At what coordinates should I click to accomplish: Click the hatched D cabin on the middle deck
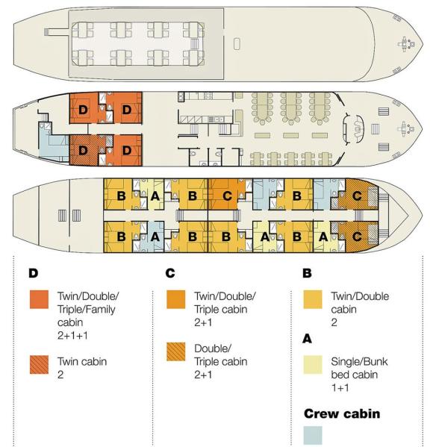(x=84, y=150)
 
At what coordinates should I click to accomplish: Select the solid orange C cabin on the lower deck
(x=227, y=196)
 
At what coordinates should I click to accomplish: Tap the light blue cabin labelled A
(x=152, y=237)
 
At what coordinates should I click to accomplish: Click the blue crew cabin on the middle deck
(x=53, y=142)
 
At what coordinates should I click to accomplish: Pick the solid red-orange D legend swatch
(x=39, y=299)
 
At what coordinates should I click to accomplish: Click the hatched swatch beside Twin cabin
(x=39, y=365)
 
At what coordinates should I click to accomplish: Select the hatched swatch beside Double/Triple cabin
(x=176, y=351)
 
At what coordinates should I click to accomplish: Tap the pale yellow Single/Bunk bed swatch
(x=313, y=365)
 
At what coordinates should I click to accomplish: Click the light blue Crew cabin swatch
(x=313, y=435)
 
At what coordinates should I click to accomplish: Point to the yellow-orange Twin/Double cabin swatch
(x=313, y=299)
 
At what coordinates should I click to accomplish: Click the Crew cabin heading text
(x=342, y=413)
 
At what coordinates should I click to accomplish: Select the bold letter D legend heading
(x=34, y=273)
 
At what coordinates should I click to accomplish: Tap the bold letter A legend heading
(x=307, y=339)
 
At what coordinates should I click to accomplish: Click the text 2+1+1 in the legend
(x=72, y=336)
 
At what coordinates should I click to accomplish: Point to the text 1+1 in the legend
(x=340, y=388)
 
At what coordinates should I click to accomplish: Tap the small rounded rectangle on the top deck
(x=237, y=44)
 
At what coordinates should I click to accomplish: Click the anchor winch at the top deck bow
(x=406, y=44)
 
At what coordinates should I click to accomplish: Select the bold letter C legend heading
(x=170, y=273)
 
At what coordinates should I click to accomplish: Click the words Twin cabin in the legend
(x=82, y=361)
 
